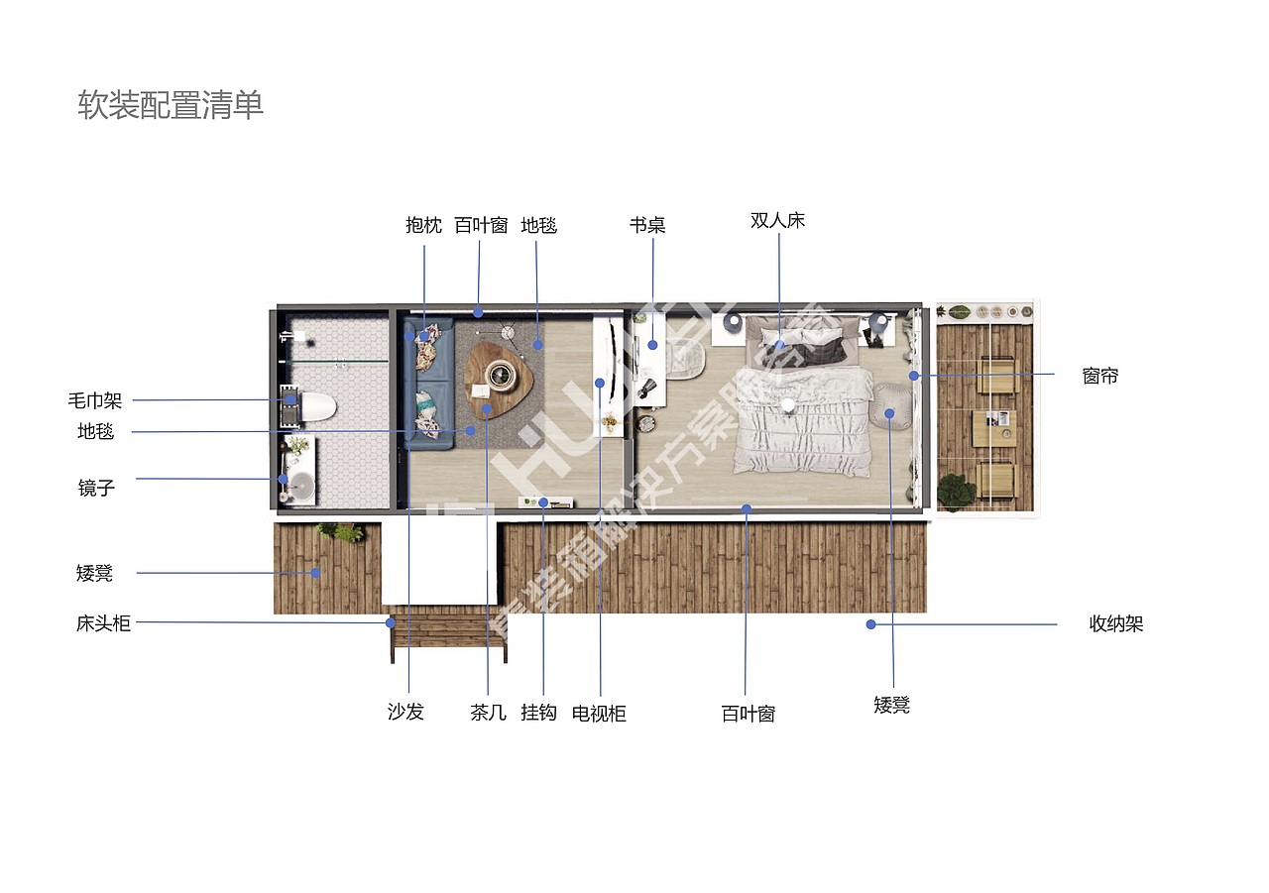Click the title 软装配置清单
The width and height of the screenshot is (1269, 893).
point(171,105)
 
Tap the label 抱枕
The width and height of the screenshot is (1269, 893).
point(423,225)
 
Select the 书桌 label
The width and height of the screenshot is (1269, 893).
point(646,225)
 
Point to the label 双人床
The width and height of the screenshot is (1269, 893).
point(777,220)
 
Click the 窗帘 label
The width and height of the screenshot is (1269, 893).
point(1099,377)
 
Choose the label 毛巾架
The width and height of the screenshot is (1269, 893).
point(95,401)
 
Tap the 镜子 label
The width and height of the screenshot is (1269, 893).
point(96,488)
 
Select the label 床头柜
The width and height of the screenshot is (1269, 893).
point(103,623)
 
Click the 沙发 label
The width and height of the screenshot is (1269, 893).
point(405,712)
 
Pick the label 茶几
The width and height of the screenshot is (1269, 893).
point(488,713)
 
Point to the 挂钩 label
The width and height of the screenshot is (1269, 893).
point(538,713)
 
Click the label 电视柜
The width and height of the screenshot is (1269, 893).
point(599,714)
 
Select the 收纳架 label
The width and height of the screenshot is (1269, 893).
point(1115,624)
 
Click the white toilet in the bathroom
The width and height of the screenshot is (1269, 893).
point(316,406)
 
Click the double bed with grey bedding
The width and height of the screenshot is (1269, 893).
point(803,396)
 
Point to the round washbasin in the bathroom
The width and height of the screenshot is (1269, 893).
point(299,486)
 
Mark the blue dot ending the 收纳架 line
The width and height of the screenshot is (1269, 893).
point(870,624)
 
